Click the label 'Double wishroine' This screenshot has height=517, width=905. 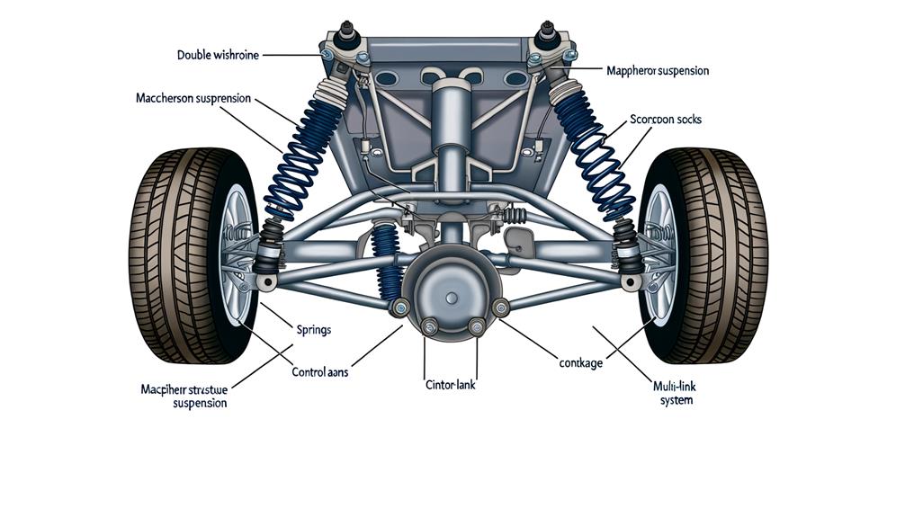[x=219, y=55]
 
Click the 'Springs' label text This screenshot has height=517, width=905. [x=313, y=330]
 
